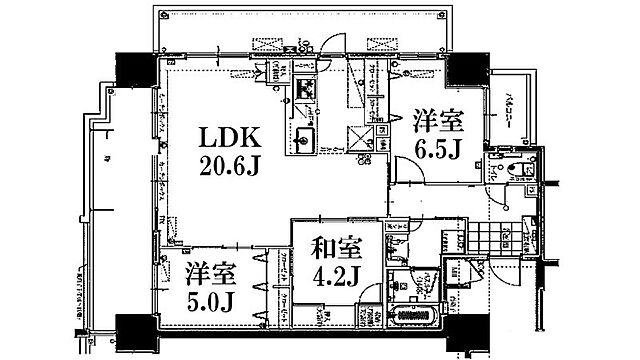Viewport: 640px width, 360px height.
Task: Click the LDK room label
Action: (x=232, y=135)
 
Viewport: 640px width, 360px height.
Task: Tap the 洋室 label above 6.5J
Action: (x=438, y=122)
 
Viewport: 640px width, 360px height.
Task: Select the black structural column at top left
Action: (x=132, y=70)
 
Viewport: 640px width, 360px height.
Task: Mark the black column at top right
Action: (x=463, y=70)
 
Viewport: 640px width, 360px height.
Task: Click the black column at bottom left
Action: (x=132, y=329)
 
